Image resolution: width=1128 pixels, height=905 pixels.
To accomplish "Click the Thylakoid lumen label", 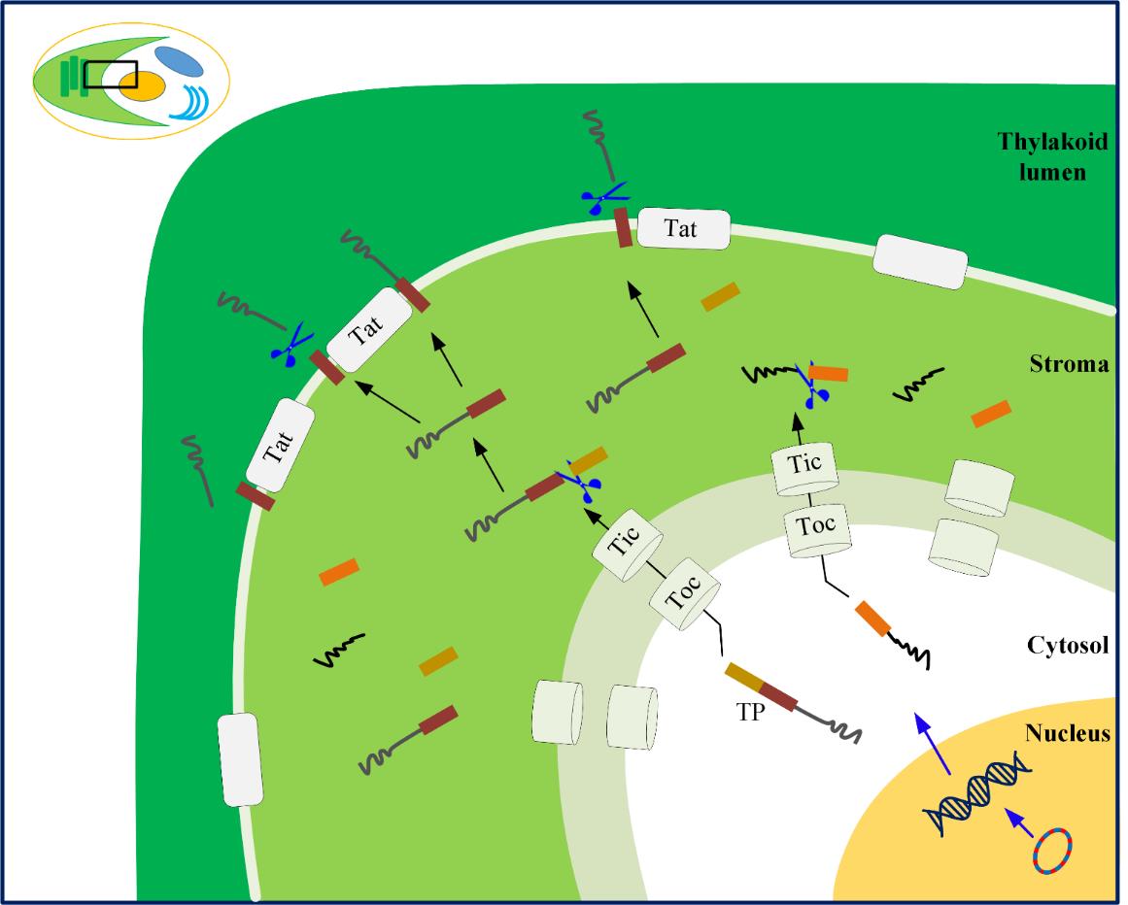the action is coord(1052,156).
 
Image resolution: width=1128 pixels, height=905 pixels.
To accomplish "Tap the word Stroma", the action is coord(1069,364).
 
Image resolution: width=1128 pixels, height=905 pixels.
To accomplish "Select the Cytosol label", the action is coord(1068,645).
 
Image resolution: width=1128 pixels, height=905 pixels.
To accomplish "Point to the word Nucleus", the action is coord(1068,733).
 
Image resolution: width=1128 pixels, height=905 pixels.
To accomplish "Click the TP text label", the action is coord(750,712).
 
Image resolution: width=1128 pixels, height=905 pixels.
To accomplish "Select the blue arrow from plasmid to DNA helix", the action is coord(1018,822).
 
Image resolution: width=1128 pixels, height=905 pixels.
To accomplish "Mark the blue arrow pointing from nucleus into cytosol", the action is coord(932,743).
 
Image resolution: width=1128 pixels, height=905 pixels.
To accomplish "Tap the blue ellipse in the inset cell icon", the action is coord(179,61).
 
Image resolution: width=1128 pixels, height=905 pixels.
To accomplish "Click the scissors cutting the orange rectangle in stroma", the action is coord(813,385).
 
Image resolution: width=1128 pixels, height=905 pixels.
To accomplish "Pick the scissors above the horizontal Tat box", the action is coord(604,198).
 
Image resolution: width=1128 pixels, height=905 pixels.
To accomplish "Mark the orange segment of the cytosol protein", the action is coord(873,619).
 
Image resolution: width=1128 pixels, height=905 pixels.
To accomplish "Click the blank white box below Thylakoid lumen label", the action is coord(920,261).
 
